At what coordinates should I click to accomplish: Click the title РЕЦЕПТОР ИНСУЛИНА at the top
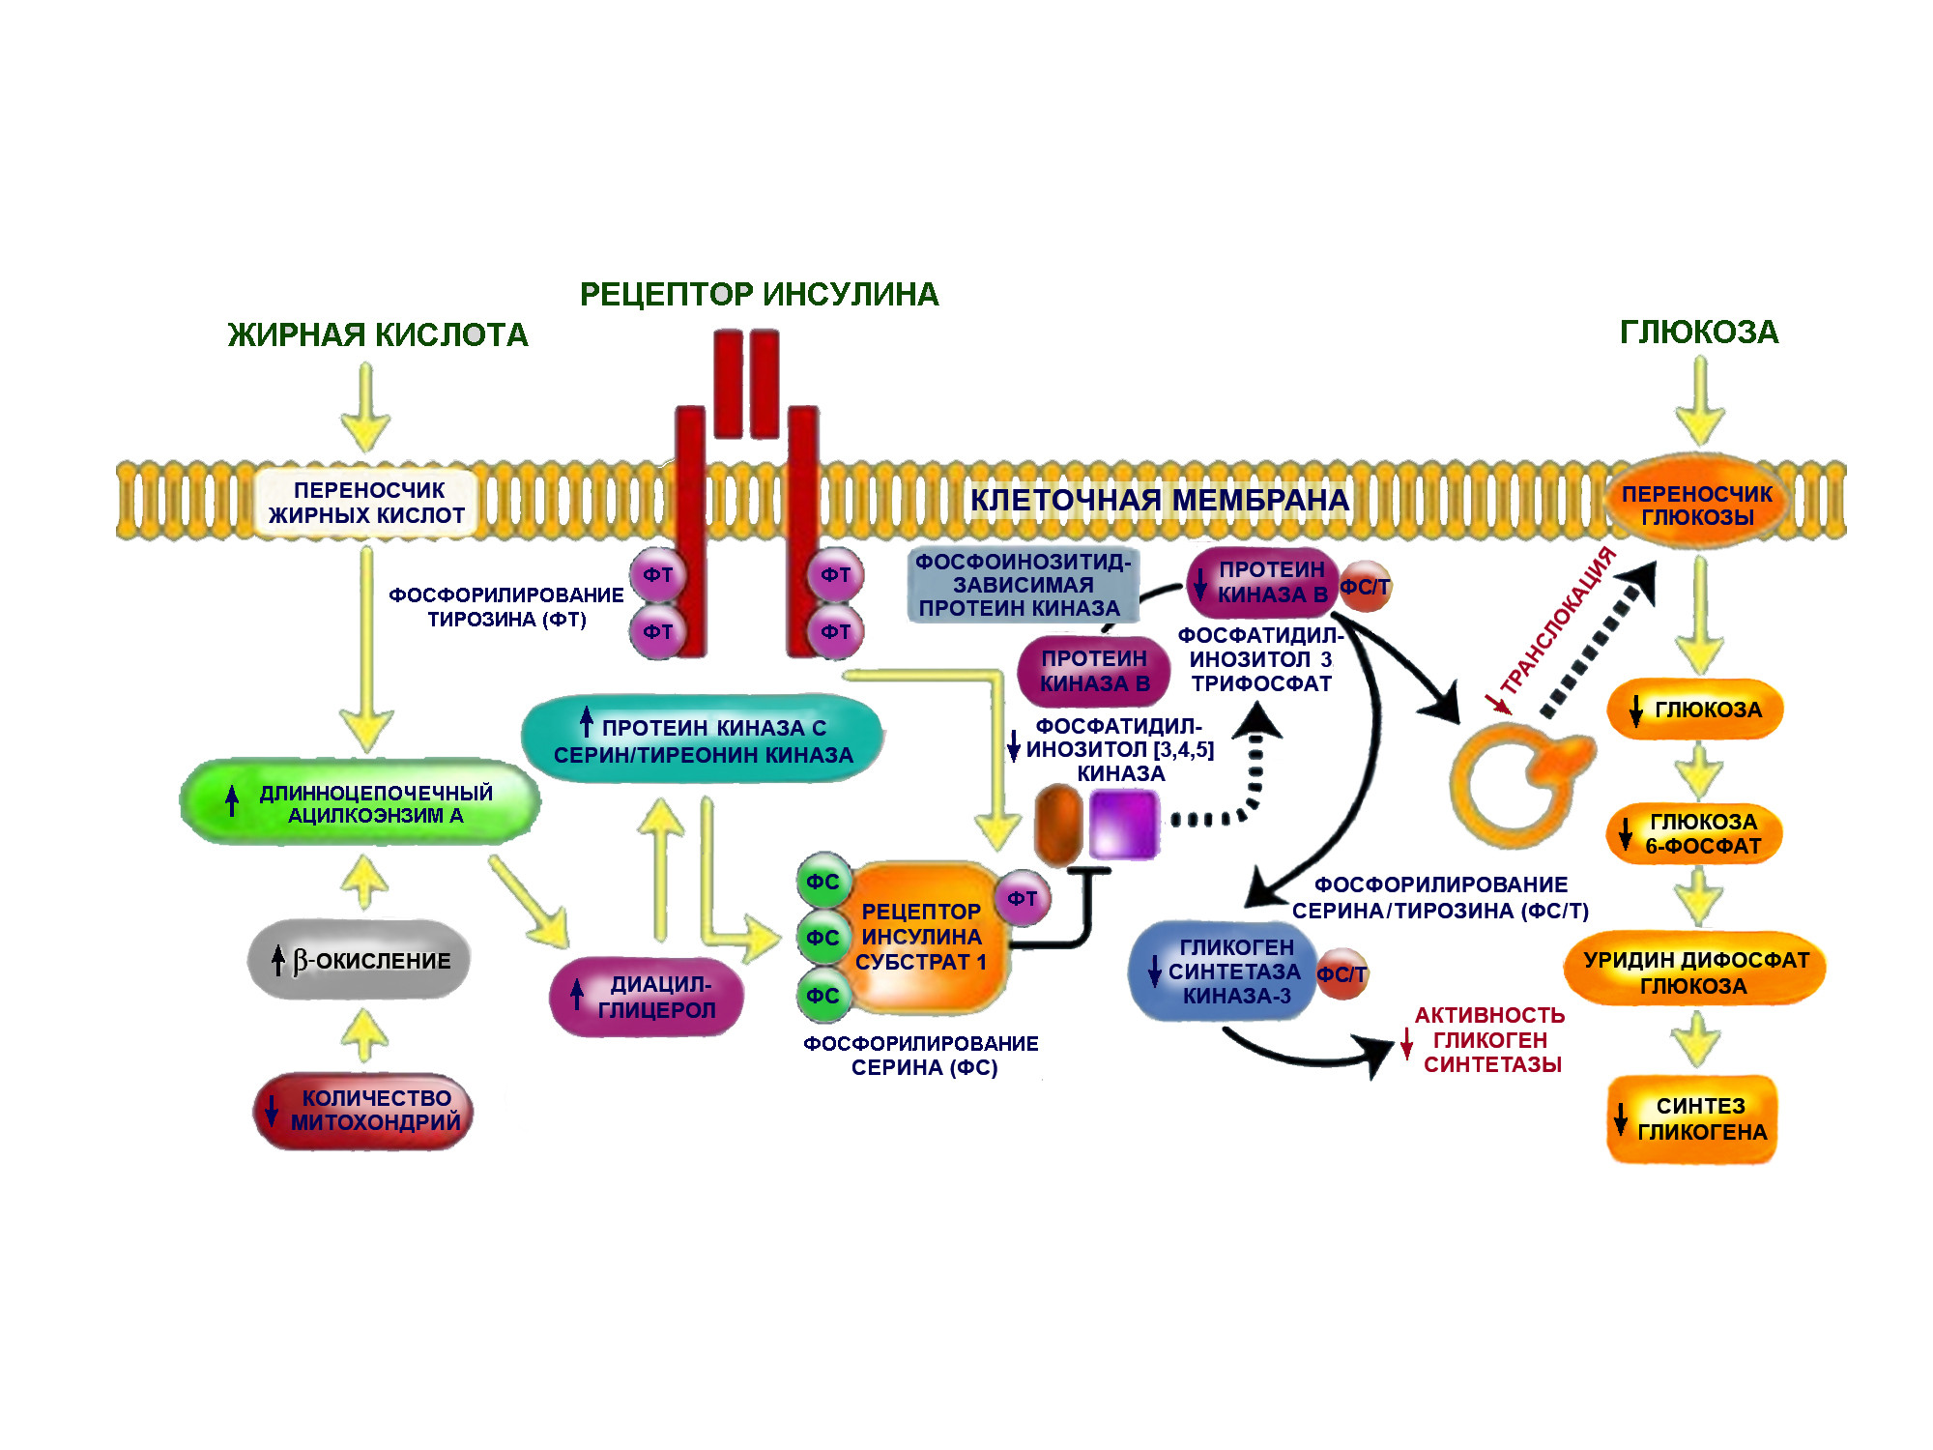(x=759, y=294)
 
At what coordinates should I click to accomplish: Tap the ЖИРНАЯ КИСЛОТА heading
(x=378, y=334)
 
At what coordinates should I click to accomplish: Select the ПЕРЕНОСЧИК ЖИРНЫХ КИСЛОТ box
(x=366, y=503)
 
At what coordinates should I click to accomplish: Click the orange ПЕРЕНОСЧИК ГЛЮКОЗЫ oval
(x=1696, y=504)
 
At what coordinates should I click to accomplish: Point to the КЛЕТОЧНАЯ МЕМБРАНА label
(x=1159, y=500)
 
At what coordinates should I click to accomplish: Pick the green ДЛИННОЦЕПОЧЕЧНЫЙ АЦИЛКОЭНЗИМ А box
(x=360, y=802)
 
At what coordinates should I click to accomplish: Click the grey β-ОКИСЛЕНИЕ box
(x=360, y=960)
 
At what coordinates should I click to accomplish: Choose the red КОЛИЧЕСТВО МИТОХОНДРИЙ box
(x=363, y=1111)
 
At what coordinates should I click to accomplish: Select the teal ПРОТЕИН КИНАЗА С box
(x=702, y=740)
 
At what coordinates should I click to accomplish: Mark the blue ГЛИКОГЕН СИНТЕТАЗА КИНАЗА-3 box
(x=1224, y=971)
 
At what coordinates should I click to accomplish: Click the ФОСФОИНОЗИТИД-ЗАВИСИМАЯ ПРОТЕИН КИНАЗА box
(x=1022, y=585)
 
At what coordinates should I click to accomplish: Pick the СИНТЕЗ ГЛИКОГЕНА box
(x=1692, y=1118)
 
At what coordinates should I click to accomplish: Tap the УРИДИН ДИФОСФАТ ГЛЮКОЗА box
(x=1694, y=971)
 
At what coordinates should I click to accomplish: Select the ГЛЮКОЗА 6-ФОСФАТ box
(x=1694, y=833)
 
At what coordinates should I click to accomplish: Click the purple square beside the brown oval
(x=1123, y=824)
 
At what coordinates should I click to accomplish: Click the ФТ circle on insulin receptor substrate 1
(x=1023, y=898)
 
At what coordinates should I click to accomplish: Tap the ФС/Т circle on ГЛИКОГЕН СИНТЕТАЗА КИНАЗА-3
(x=1342, y=973)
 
